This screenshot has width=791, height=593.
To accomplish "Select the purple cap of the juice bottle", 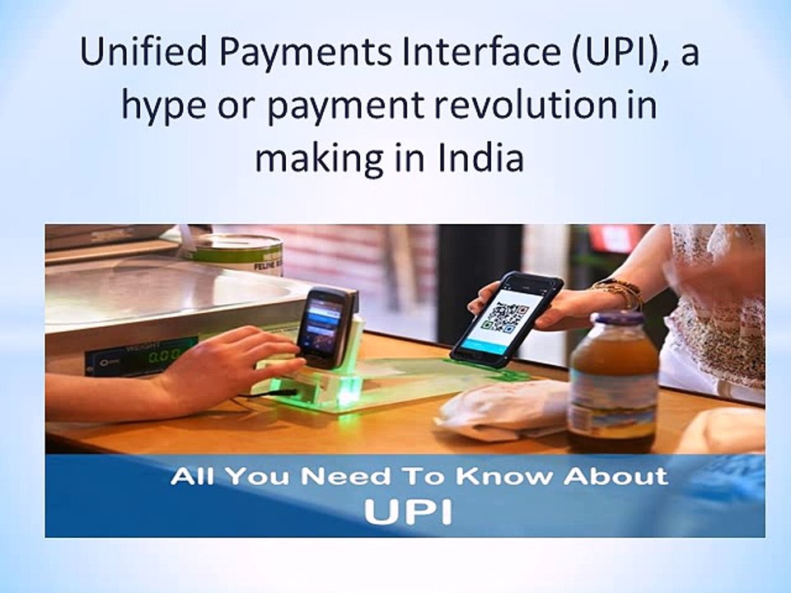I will (x=616, y=317).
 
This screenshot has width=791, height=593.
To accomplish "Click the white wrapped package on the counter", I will (x=503, y=409).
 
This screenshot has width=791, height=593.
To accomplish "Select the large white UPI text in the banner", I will (x=408, y=511).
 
